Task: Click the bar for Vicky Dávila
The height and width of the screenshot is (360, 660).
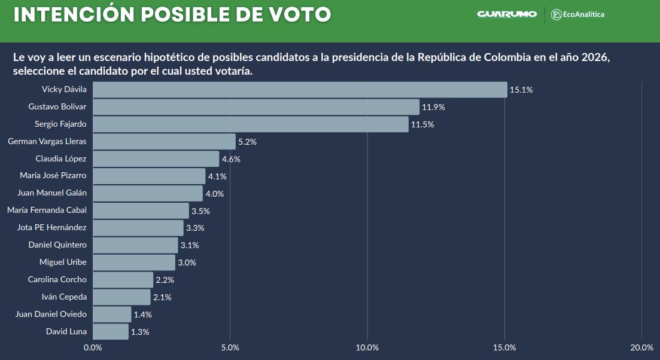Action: (x=299, y=90)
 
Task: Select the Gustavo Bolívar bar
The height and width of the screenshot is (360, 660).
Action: (x=256, y=107)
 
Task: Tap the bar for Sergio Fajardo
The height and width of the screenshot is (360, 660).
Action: (x=250, y=124)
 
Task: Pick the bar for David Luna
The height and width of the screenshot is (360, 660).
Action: (x=111, y=331)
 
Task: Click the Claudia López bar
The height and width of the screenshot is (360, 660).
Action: (x=156, y=159)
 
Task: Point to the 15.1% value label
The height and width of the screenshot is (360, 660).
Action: (x=521, y=90)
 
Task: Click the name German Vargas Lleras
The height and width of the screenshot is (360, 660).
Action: (x=47, y=142)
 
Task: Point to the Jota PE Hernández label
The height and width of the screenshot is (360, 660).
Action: (x=52, y=228)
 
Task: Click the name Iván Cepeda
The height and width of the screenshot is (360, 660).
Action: (x=65, y=297)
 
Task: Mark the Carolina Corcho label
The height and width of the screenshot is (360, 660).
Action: (x=57, y=280)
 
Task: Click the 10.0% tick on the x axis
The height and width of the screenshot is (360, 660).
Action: (x=367, y=348)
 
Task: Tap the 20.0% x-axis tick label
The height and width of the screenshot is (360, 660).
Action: (x=641, y=348)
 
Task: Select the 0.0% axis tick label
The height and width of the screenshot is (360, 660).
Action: (x=93, y=348)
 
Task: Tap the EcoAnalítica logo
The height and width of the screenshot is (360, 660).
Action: (x=578, y=14)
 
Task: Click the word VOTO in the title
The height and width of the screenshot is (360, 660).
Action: (x=297, y=14)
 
